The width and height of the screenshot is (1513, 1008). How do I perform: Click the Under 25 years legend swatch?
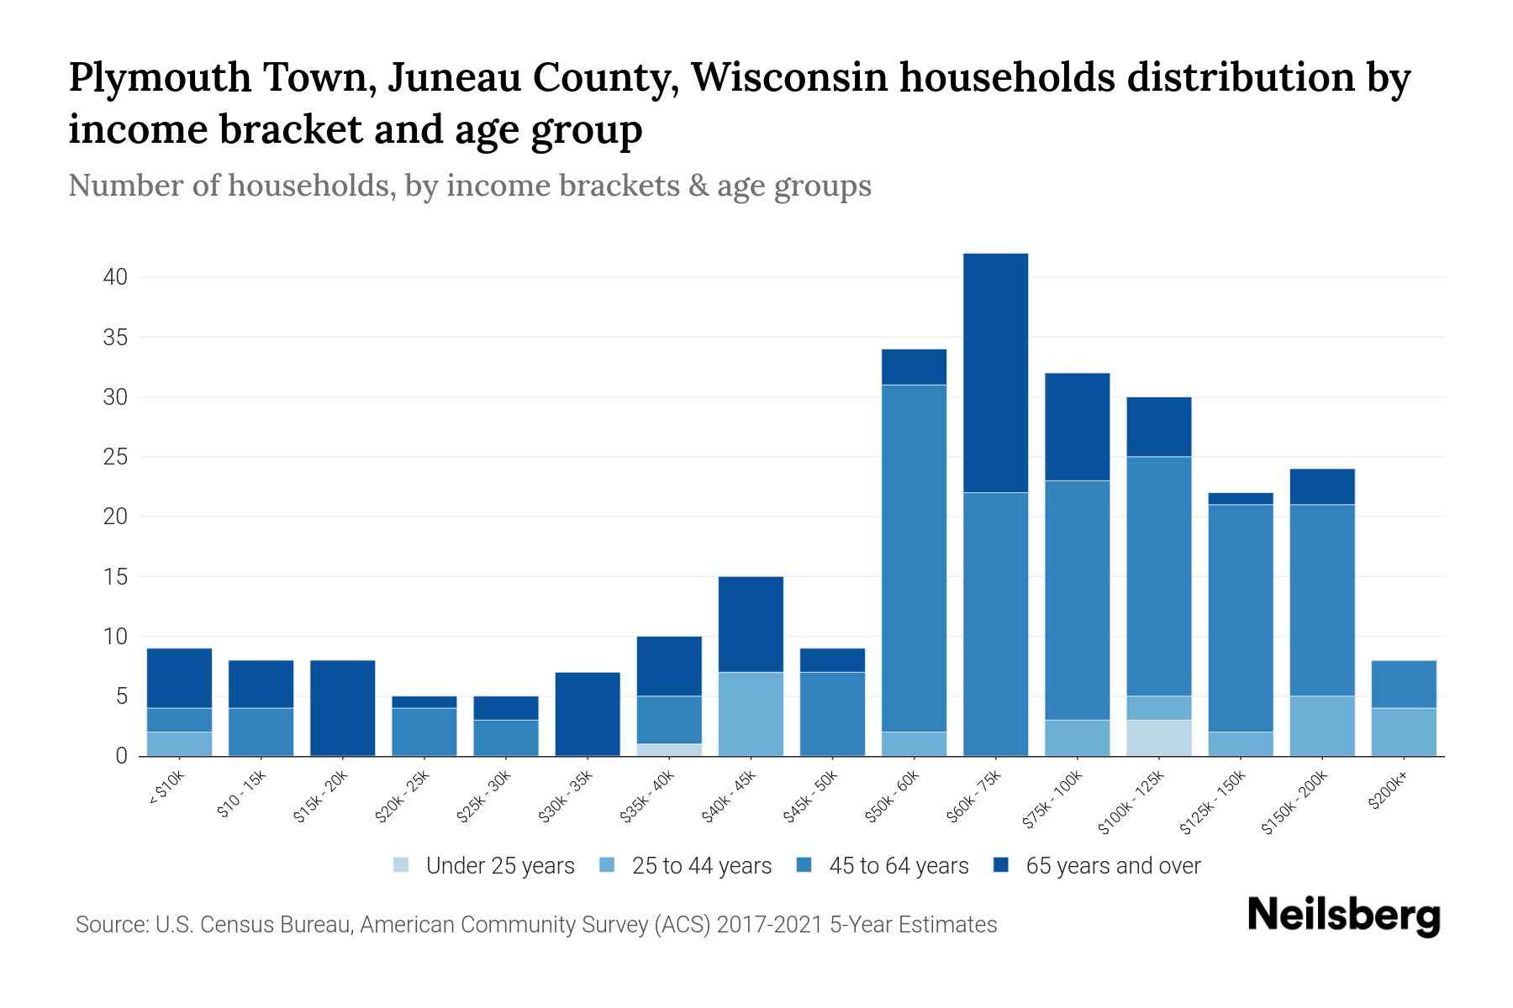(402, 864)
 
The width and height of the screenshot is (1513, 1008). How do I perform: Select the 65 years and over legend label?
(1113, 865)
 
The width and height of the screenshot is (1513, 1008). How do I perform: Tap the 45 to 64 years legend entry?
(899, 865)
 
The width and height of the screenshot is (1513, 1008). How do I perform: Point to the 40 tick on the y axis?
(115, 277)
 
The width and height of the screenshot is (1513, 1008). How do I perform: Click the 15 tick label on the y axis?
(115, 577)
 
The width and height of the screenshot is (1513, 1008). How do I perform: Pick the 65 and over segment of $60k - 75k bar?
(995, 373)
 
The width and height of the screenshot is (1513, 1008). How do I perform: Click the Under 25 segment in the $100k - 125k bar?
(1158, 738)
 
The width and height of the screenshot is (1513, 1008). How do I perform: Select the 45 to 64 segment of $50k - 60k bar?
(914, 558)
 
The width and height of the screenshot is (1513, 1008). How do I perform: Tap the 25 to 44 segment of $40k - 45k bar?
(751, 714)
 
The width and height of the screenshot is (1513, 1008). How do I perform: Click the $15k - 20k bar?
(342, 708)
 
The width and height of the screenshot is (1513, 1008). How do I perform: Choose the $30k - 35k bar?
(588, 714)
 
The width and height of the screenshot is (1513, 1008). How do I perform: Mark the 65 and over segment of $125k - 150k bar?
(1241, 498)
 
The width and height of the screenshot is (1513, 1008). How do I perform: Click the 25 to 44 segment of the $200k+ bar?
(1404, 732)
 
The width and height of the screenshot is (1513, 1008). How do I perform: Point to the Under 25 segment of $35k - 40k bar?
(669, 749)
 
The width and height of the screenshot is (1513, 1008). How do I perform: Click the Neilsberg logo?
(1343, 915)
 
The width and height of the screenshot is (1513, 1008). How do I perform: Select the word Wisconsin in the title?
(789, 78)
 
